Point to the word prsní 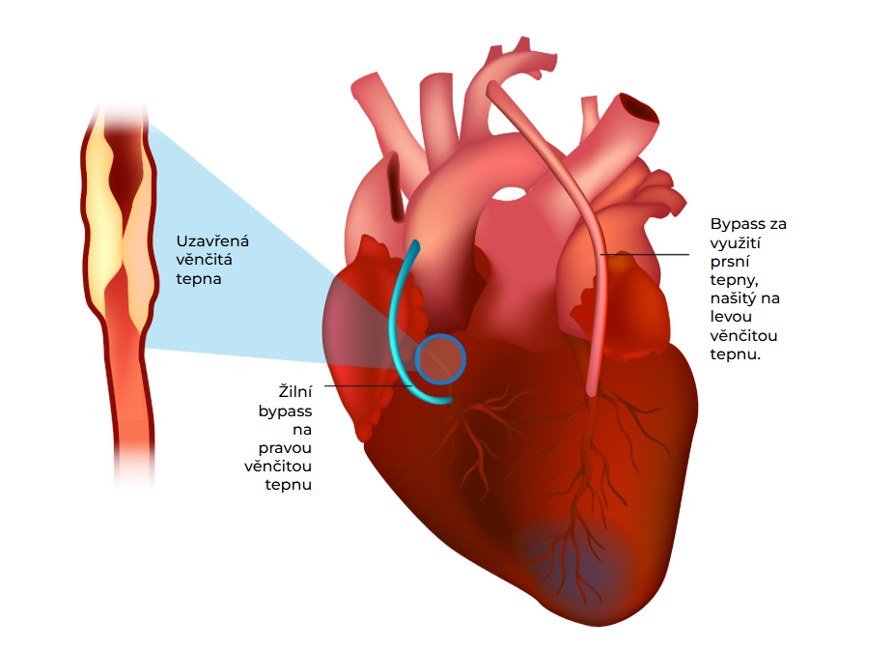[x=730, y=261]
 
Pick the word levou [x=731, y=317]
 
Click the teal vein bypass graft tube [x=396, y=328]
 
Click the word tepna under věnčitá [x=200, y=278]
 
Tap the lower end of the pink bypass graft [x=593, y=389]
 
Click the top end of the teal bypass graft [x=414, y=246]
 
